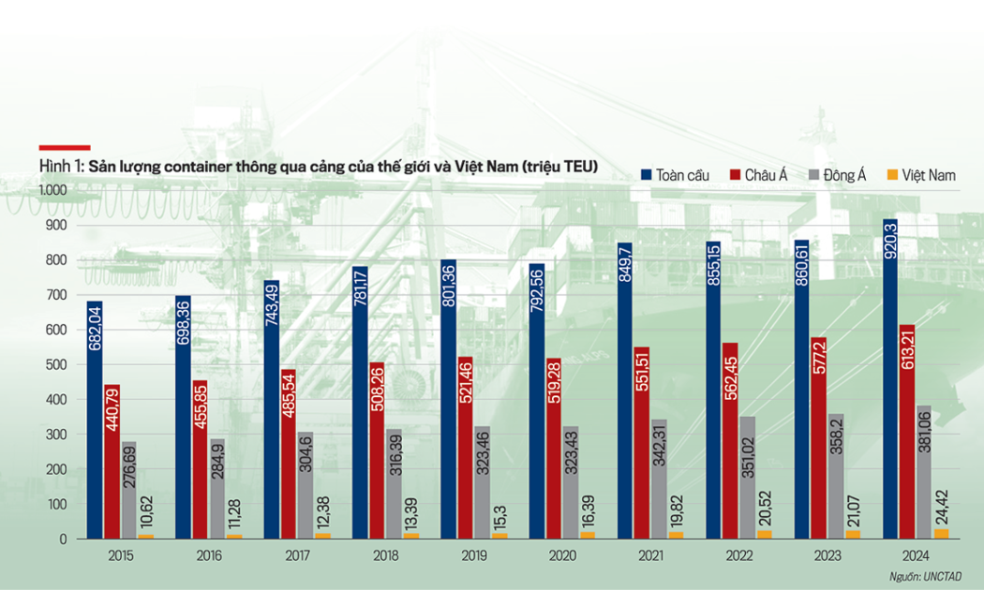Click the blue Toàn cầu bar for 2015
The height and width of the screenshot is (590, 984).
tap(95, 420)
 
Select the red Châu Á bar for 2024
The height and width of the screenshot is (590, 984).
tap(907, 432)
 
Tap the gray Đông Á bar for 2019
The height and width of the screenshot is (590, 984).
tap(483, 483)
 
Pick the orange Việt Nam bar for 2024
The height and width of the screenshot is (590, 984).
tap(941, 534)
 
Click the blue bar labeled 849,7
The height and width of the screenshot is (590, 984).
tap(625, 391)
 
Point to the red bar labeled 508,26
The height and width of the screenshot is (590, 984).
tap(377, 450)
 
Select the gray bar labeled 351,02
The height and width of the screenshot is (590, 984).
tap(748, 478)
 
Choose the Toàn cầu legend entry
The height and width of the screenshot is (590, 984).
tap(676, 175)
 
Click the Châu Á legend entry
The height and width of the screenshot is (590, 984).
tap(759, 175)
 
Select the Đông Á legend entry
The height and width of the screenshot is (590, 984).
tap(838, 175)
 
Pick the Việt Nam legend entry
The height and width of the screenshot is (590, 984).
tap(921, 175)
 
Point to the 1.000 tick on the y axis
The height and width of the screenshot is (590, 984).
tap(53, 190)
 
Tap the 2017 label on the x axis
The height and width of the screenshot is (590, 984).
tap(297, 556)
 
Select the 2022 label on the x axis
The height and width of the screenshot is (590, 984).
tap(739, 556)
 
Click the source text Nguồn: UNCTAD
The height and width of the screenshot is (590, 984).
tap(925, 577)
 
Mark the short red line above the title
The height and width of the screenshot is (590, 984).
tap(65, 148)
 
